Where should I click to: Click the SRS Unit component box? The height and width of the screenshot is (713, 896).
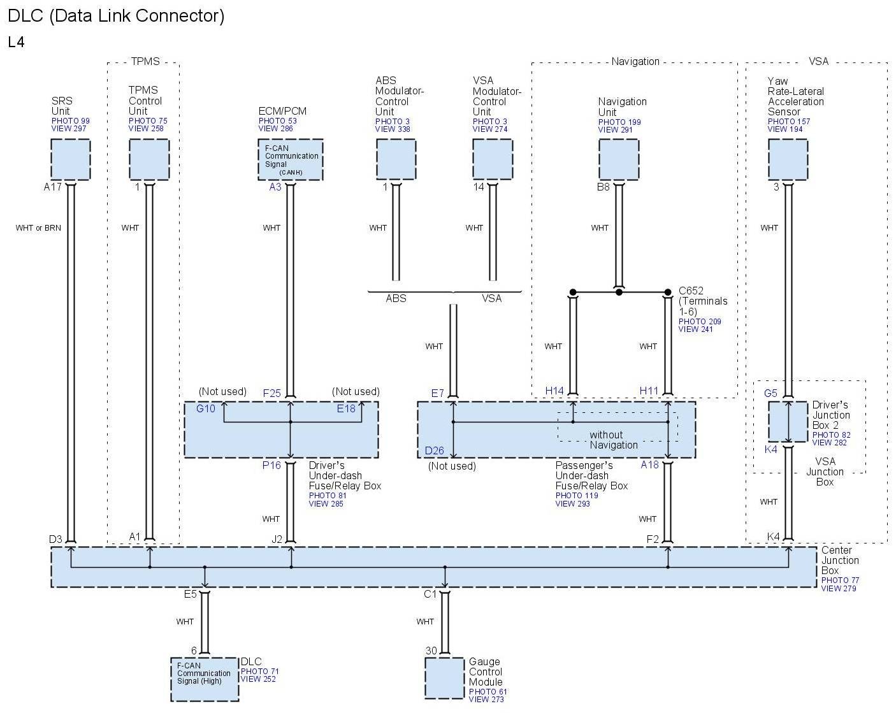point(70,159)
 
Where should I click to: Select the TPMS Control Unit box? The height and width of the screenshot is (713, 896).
point(149,159)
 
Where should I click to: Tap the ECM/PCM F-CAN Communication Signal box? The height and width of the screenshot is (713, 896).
point(290,159)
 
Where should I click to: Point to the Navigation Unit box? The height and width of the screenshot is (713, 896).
point(618,159)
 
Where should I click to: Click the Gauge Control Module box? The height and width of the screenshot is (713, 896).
point(444,678)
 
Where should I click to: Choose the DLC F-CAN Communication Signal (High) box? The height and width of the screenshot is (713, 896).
point(205,679)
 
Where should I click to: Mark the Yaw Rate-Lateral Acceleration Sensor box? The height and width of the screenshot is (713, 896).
point(788,159)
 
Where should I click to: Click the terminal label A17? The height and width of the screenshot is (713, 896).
point(52,187)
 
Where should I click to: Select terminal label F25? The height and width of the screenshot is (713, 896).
point(272,393)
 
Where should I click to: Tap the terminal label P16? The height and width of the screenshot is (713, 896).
point(271,465)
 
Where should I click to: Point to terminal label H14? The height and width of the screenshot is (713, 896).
point(554,391)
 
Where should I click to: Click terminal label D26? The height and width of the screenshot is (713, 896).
point(435,450)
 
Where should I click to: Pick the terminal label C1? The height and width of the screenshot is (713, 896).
point(430,594)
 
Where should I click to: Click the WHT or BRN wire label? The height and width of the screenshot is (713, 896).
point(38,228)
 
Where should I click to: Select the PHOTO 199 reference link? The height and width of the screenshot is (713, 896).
point(619,122)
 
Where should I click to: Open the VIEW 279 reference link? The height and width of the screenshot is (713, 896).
point(839,588)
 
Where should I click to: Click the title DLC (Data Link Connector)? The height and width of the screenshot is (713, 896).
point(116,15)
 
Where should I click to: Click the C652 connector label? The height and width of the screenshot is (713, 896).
point(691,291)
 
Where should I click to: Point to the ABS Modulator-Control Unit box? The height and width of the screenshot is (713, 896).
point(396,159)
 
